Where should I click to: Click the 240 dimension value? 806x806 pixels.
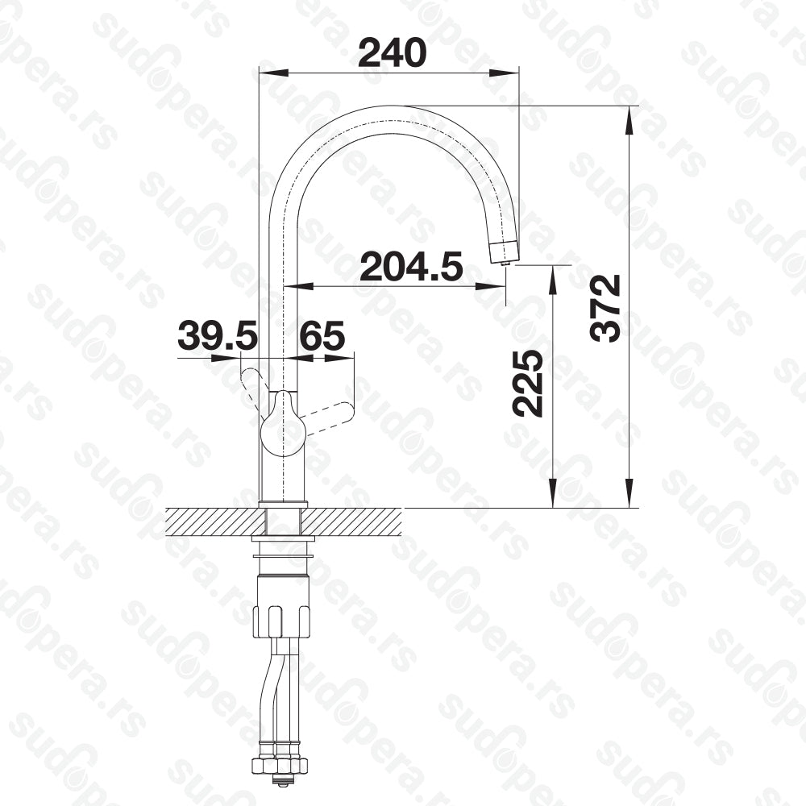pyautogui.click(x=393, y=52)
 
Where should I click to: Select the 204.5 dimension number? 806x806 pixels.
pyautogui.click(x=411, y=266)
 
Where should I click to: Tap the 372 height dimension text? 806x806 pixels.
pyautogui.click(x=605, y=309)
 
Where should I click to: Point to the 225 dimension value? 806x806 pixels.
pyautogui.click(x=527, y=384)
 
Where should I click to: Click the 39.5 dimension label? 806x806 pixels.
pyautogui.click(x=217, y=335)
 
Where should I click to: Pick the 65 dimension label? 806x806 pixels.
pyautogui.click(x=322, y=335)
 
